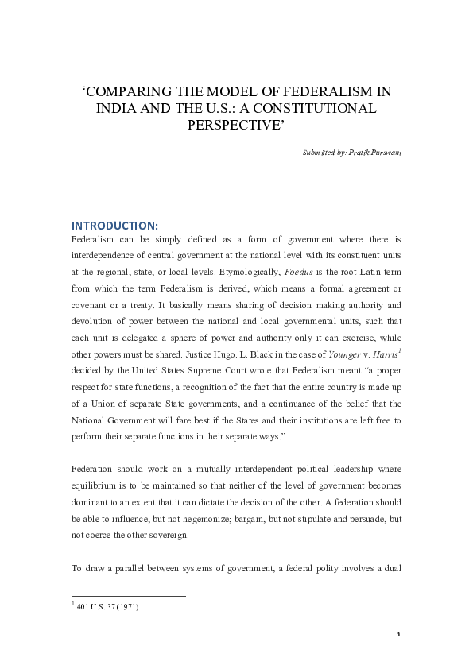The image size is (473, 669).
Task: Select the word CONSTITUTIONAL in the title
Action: pyautogui.click(x=316, y=106)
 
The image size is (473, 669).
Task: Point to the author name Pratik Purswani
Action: pyautogui.click(x=374, y=151)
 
